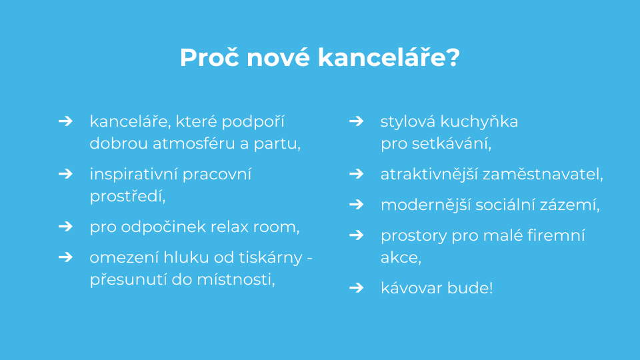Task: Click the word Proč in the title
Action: click(x=209, y=57)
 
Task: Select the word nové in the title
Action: click(x=279, y=57)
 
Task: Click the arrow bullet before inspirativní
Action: click(x=65, y=174)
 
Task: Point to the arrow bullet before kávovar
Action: click(x=356, y=288)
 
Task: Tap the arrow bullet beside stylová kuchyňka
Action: click(x=356, y=121)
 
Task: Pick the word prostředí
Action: click(x=127, y=196)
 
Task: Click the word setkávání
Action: click(x=451, y=143)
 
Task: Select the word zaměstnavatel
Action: click(x=543, y=174)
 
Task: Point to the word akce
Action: click(x=401, y=258)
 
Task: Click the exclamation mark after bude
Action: click(x=491, y=288)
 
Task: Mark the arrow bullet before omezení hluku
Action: click(x=65, y=257)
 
